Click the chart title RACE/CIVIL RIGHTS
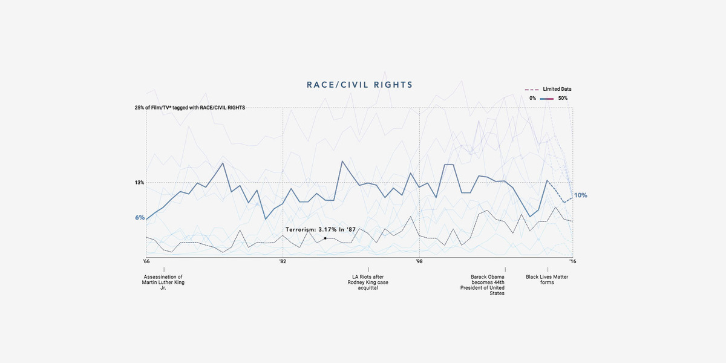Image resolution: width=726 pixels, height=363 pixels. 359,85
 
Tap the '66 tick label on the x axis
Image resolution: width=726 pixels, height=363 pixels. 146,261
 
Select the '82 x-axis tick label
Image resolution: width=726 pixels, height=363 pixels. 283,261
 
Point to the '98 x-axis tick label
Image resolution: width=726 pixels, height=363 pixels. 419,261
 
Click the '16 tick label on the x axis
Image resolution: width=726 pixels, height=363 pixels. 571,261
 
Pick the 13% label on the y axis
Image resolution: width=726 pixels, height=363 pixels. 139,183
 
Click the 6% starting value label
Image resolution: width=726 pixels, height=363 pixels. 140,218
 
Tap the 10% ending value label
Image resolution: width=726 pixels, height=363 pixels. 581,195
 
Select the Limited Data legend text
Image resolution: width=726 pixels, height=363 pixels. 557,89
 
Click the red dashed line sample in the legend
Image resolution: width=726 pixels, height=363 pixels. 531,90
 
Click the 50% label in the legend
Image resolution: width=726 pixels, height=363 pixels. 563,98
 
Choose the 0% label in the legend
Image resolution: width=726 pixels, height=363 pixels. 532,98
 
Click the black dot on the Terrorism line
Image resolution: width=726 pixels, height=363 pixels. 325,238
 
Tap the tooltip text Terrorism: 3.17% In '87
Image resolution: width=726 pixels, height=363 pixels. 321,230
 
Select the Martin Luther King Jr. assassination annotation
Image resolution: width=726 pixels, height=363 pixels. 162,283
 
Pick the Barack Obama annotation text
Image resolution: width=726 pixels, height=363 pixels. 488,285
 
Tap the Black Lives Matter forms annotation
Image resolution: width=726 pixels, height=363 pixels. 547,280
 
